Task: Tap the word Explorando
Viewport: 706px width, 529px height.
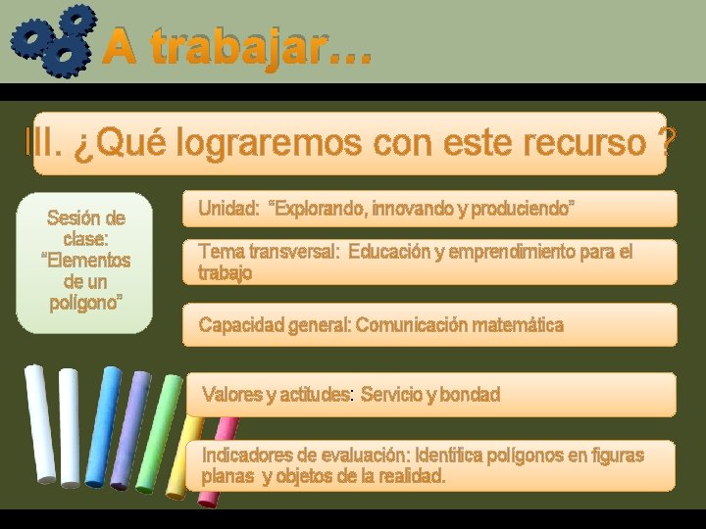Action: coord(318,209)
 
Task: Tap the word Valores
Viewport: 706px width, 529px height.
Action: coord(231,395)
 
